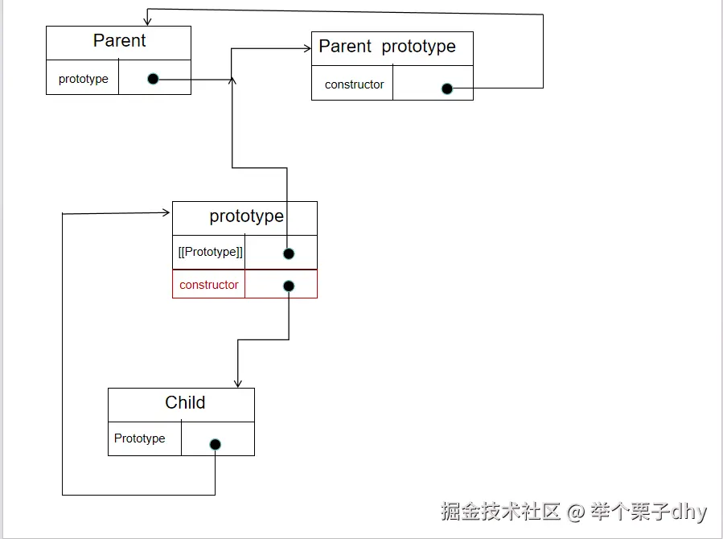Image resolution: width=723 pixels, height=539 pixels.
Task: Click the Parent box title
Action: [x=119, y=41]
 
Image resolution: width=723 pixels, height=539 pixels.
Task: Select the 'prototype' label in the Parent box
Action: [x=83, y=79]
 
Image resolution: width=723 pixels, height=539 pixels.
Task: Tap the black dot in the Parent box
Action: [x=153, y=79]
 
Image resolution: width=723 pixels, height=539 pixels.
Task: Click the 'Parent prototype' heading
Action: [x=387, y=47]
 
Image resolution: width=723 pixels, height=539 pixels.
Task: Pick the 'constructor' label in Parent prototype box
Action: [x=354, y=84]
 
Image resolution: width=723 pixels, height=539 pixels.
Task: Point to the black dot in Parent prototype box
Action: [x=447, y=88]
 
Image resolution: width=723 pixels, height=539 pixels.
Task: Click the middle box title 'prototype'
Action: [x=246, y=216]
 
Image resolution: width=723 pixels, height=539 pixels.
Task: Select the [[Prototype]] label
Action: [x=210, y=252]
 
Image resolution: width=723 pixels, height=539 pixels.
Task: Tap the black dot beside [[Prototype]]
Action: [x=289, y=253]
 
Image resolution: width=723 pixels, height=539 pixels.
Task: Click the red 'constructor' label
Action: [x=209, y=285]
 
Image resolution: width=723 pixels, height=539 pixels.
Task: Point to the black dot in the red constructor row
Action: [x=289, y=286]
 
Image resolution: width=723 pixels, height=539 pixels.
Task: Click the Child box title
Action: [x=185, y=403]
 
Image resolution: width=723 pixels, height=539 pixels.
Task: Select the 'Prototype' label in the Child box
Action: [x=139, y=438]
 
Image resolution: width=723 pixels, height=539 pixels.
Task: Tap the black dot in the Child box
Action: [x=215, y=444]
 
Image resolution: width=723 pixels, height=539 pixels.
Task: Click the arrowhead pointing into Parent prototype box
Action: [x=307, y=48]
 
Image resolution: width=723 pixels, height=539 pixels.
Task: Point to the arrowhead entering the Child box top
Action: [x=237, y=384]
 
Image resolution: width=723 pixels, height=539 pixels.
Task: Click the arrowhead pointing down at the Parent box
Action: [x=147, y=20]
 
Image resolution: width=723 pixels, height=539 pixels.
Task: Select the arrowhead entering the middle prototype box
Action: [x=166, y=212]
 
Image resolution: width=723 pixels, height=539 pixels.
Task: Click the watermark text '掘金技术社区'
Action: [x=500, y=512]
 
